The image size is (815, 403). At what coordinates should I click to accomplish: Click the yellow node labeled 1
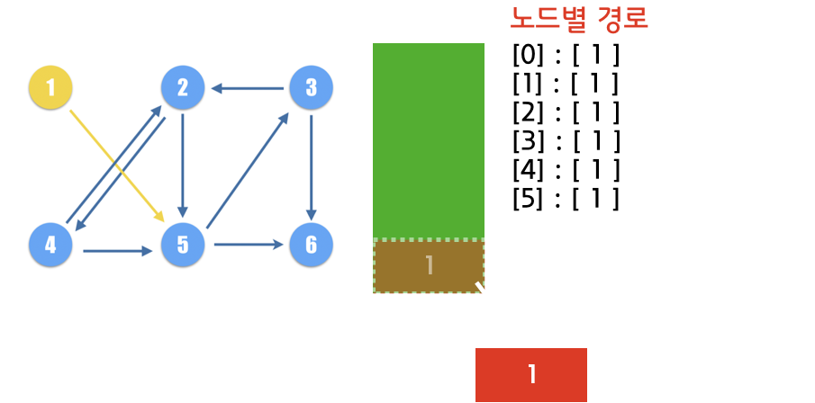pos(50,87)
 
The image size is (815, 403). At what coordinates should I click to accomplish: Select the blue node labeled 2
pos(183,87)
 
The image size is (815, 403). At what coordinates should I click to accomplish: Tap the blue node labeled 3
pos(311,87)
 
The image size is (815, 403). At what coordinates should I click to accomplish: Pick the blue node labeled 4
pos(50,245)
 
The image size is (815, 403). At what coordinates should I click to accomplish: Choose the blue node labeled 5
pos(183,245)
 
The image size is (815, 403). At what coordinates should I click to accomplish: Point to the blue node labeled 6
pos(311,245)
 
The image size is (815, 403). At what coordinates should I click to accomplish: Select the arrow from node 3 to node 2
pos(248,88)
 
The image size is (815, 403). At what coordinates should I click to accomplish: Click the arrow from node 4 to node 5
pos(117,251)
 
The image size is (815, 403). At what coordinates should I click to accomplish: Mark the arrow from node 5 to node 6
pos(248,244)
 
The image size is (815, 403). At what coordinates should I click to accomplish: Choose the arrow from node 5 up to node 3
pos(247,171)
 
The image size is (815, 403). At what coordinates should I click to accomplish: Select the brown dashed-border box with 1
pos(429,266)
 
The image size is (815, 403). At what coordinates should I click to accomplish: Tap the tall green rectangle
pos(429,139)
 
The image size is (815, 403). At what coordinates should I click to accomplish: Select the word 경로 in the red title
pos(621,18)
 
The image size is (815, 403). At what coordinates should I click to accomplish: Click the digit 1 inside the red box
pos(531,374)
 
